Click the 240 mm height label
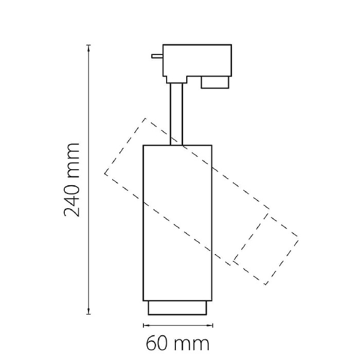pos(71,180)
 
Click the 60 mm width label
pos(178,344)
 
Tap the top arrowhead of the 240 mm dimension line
pos(88,47)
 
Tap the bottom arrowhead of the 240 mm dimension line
pos(88,311)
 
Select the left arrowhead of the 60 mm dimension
pos(146,325)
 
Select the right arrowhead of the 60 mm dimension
pos(210,325)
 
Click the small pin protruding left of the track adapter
pos(157,56)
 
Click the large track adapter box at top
pos(197,60)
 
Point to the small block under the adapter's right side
pos(215,82)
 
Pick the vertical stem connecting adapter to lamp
pos(176,114)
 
